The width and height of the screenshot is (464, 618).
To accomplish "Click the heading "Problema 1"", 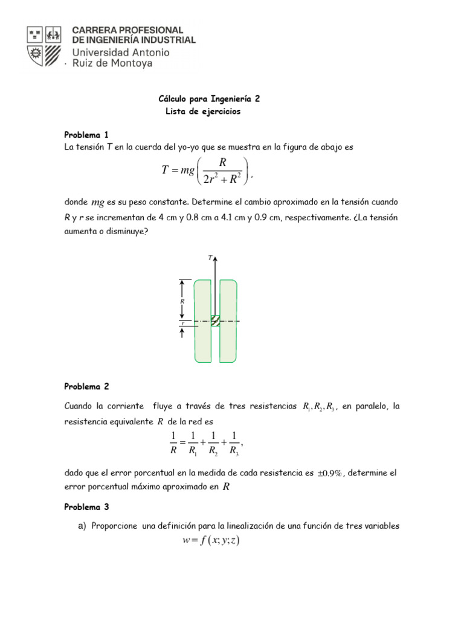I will click(86, 135).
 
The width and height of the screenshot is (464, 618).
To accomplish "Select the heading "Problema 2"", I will click(86, 386).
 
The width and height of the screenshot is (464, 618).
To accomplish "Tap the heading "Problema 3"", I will click(86, 507).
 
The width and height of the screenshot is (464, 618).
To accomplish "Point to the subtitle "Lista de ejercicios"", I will click(203, 112).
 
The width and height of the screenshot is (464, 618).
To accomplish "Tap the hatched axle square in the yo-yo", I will click(215, 321).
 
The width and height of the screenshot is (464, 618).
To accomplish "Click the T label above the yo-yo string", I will click(210, 258).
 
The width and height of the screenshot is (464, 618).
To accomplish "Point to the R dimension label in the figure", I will click(182, 300).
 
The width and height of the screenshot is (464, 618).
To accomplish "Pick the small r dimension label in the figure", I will click(182, 324).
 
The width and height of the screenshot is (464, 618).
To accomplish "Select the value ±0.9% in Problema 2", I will click(330, 473).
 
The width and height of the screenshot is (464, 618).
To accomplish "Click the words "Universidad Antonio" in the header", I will click(121, 53).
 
